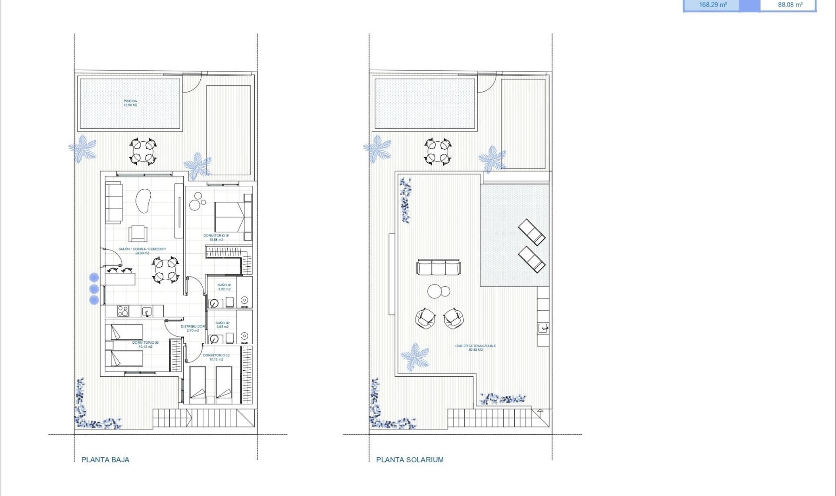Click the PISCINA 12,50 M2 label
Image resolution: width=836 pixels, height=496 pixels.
pos(130,103)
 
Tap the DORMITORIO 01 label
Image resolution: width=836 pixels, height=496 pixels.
pos(216,238)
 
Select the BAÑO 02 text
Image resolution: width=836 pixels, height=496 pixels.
pos(222,325)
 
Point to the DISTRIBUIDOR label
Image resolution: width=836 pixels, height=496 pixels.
pos(192,328)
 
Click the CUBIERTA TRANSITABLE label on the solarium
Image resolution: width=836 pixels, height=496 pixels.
pos(475,348)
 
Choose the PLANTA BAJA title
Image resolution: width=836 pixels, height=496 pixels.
pos(105,459)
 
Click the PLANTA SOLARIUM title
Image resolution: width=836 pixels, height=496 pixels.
pos(410,459)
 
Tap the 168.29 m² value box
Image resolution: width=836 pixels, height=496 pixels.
pos(712,5)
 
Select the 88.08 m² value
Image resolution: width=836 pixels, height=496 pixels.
pos(790,5)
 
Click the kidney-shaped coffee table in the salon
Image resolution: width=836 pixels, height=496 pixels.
pos(143,201)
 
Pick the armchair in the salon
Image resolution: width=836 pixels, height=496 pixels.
pos(138,233)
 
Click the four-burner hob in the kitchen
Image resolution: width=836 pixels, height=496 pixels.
pos(123,311)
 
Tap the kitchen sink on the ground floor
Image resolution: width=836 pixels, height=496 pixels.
pos(147,311)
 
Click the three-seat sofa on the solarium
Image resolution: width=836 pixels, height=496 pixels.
pos(438,267)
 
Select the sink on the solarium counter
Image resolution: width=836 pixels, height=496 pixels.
pos(543,328)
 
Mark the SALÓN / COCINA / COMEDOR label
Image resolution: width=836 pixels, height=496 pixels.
pos(142,251)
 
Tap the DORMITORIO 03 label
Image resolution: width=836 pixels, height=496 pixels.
pos(145,345)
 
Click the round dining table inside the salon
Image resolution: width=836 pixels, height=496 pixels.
pos(165,269)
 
